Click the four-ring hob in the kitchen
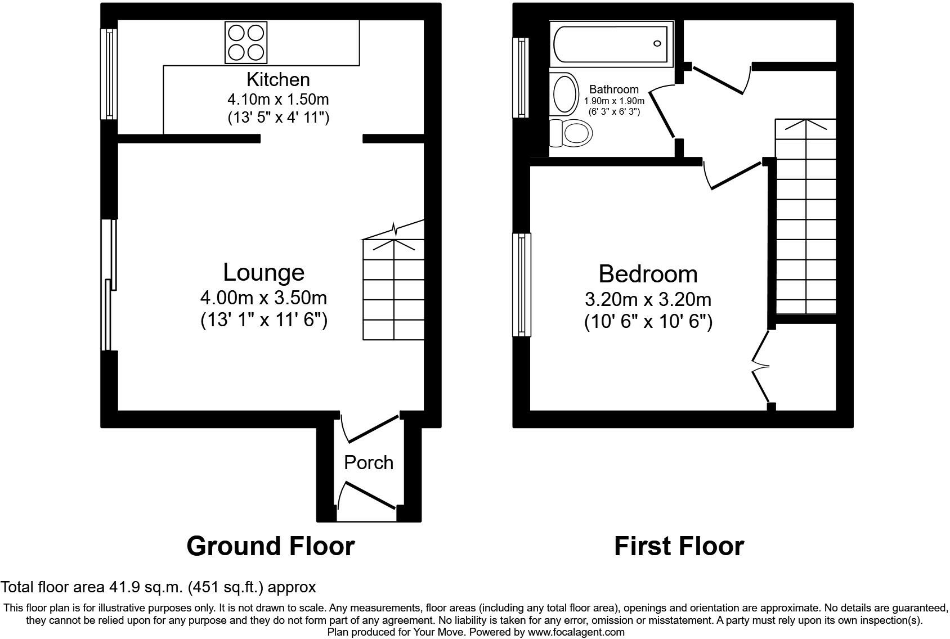[246, 42]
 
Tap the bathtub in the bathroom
[612, 44]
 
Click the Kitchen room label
[278, 79]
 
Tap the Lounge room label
[264, 272]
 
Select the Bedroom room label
[648, 274]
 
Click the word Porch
[369, 462]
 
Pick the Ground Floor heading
[271, 546]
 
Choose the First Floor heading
[679, 546]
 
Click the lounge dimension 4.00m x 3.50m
[264, 298]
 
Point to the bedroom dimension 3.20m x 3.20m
[648, 300]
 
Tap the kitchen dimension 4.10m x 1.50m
[278, 100]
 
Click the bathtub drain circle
[657, 43]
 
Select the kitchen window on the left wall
[109, 74]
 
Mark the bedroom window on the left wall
[522, 285]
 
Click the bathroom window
[521, 78]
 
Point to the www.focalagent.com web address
[576, 632]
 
